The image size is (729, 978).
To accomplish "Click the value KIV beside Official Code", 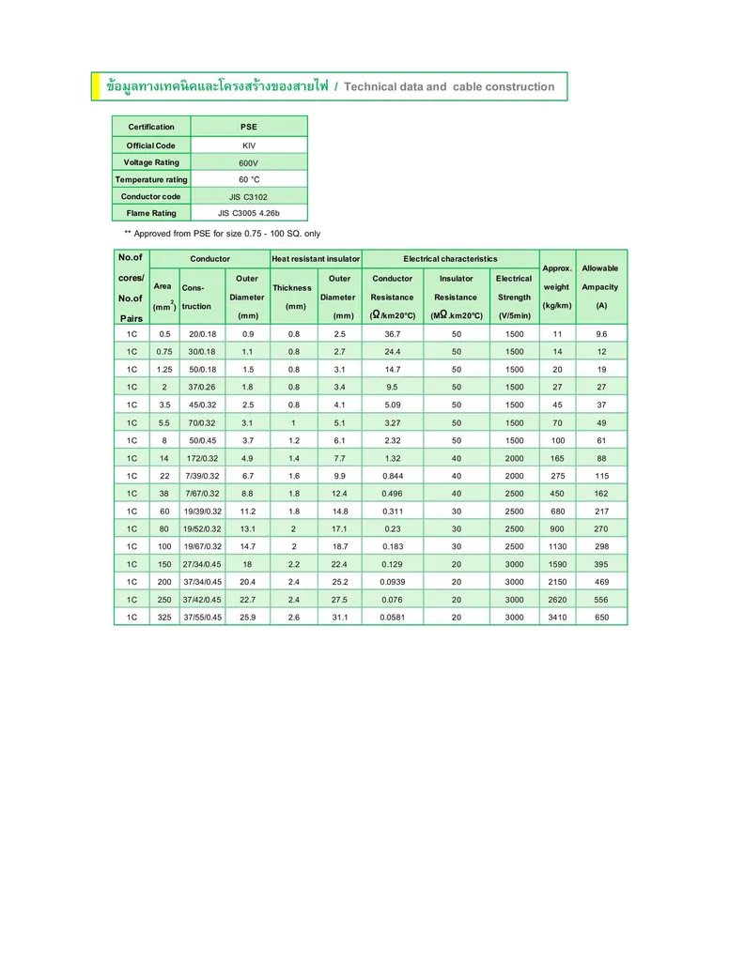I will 248,145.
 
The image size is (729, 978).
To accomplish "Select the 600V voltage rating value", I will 248,162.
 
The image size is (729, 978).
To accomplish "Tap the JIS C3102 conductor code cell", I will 248,196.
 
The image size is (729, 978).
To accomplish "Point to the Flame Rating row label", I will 151,213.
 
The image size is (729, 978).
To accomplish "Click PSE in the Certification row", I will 248,127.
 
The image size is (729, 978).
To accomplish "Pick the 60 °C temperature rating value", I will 248,179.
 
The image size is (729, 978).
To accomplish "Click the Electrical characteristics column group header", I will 450,258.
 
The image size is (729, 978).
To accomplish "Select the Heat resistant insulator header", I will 316,258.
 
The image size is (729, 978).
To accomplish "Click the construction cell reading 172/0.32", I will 202,458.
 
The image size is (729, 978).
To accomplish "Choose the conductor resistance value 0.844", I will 393,476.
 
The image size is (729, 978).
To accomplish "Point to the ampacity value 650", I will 601,618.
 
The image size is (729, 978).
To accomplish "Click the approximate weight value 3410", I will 557,618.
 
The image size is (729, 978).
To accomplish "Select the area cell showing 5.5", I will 164,422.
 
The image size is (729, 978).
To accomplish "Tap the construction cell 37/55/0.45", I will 202,618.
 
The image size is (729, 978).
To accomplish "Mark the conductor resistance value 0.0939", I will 393,582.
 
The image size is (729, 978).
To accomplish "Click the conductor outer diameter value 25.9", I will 248,618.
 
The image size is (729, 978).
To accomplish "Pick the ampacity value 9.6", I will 601,334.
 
